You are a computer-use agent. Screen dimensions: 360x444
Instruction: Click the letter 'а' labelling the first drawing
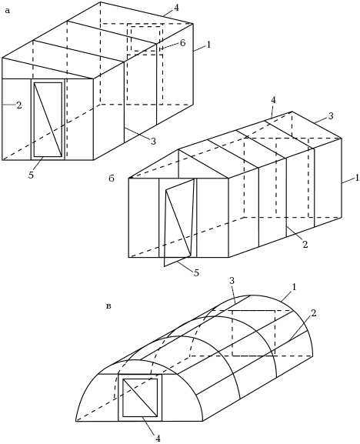(x=8, y=12)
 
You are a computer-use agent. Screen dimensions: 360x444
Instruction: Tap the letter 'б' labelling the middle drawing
(x=112, y=179)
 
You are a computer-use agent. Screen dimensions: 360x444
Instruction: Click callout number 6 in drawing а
(x=182, y=43)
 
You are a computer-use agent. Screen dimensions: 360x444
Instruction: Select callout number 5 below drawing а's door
(x=31, y=175)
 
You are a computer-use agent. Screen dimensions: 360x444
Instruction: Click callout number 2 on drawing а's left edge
(x=18, y=105)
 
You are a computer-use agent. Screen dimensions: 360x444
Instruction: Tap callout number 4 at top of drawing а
(x=176, y=8)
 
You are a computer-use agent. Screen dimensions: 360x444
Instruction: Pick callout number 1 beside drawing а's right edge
(x=209, y=45)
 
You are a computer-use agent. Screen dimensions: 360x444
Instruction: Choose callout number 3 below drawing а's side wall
(x=153, y=141)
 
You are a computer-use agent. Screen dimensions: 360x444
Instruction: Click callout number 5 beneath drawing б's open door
(x=196, y=272)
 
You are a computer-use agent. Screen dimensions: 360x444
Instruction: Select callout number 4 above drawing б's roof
(x=273, y=100)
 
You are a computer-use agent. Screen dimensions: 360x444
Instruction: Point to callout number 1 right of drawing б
(x=357, y=178)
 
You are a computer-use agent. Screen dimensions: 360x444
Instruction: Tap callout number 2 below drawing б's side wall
(x=305, y=245)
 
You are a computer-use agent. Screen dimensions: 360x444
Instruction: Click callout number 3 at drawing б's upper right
(x=331, y=116)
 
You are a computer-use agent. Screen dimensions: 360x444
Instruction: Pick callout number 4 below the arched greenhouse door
(x=158, y=439)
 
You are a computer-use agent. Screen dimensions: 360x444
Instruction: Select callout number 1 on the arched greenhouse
(x=295, y=287)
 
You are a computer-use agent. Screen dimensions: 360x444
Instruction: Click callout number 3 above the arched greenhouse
(x=232, y=281)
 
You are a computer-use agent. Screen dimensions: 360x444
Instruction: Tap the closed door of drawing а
(x=48, y=119)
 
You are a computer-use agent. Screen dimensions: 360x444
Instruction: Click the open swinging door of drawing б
(x=179, y=222)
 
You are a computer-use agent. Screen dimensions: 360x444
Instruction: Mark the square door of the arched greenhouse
(x=140, y=398)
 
